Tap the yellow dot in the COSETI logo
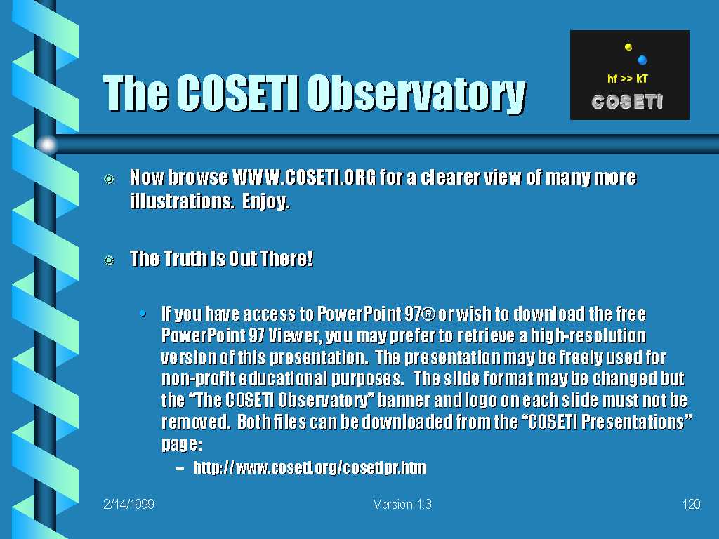coord(628,47)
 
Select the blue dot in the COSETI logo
coord(642,60)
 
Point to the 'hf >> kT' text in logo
coord(627,79)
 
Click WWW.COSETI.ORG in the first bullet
coord(304,178)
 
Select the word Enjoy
coord(265,201)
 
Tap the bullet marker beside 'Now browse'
coord(109,179)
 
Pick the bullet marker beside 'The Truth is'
coord(109,260)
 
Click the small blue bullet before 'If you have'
coord(143,314)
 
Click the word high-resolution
coord(588,336)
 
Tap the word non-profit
coord(198,379)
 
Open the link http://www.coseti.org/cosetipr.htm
coord(310,467)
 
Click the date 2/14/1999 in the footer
coord(129,504)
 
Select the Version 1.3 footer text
coord(402,504)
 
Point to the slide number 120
coord(691,504)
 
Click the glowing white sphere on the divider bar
coord(47,145)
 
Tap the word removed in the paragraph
coord(196,422)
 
